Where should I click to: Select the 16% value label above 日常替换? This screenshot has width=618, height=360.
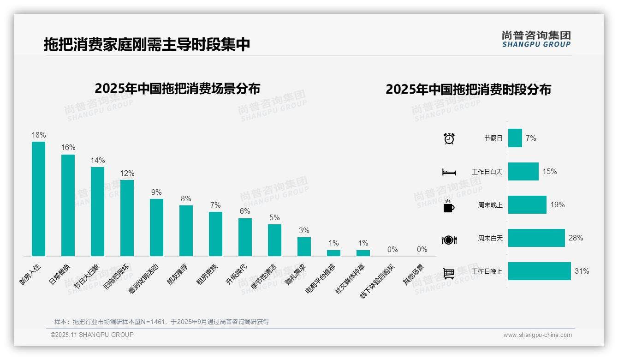[68, 148]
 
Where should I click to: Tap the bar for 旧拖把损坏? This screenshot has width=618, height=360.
[127, 218]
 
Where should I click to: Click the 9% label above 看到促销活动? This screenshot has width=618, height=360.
[156, 192]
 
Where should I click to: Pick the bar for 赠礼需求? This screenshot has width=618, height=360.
[304, 246]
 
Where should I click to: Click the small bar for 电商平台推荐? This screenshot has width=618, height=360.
[333, 253]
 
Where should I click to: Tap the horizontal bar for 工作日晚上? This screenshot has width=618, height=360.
[539, 271]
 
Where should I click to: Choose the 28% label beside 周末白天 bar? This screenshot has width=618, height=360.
[576, 238]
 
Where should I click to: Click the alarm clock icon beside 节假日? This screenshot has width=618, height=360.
[449, 138]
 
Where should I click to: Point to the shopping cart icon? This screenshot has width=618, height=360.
[449, 273]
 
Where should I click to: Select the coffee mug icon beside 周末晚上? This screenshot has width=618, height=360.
[448, 206]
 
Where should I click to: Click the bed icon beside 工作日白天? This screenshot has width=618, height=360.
[449, 172]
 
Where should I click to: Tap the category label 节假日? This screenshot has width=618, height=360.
[493, 138]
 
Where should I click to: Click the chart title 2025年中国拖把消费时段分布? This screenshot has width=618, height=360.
[468, 90]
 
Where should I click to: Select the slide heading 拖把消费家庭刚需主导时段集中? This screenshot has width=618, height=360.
[147, 44]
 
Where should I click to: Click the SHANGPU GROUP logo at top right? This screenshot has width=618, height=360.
[536, 39]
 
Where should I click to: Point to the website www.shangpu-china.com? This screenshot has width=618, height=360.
[537, 335]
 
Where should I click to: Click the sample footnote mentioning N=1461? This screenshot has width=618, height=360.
[161, 322]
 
